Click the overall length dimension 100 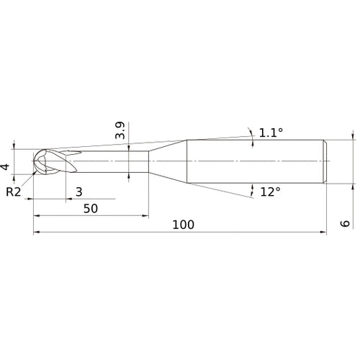point(184,224)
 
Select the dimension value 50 point(91,208)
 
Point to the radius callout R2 point(13,192)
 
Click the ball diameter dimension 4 point(6,167)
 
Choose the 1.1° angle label point(271,132)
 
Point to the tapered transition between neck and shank point(168,161)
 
